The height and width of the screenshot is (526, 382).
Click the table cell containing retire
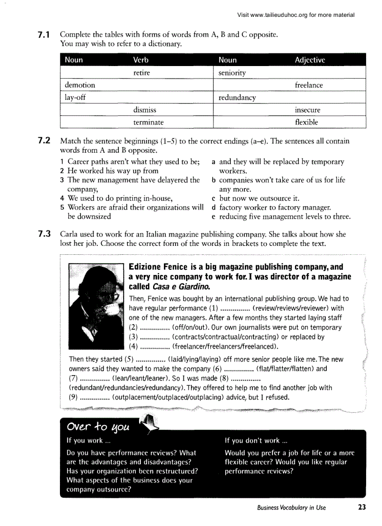click(x=141, y=73)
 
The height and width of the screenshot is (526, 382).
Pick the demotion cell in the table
click(x=80, y=85)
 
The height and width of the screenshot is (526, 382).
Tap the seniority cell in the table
click(x=232, y=73)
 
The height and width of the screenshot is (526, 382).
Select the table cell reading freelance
click(x=309, y=85)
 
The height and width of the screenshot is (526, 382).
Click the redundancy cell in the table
click(x=237, y=97)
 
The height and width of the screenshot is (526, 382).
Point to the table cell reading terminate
click(x=148, y=122)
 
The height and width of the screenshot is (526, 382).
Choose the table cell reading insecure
click(x=308, y=110)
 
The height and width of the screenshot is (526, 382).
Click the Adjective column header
click(x=310, y=60)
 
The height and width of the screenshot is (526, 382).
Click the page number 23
click(x=361, y=507)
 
